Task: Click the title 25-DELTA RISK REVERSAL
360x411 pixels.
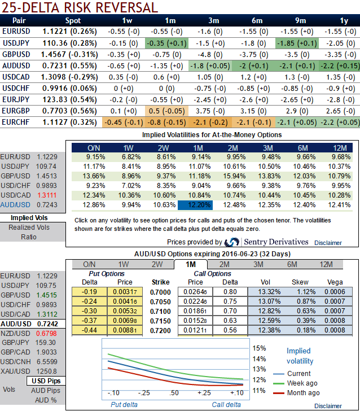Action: point(80,7)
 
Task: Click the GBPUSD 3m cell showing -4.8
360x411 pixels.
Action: point(205,54)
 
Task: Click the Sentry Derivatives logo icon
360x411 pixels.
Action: point(231,242)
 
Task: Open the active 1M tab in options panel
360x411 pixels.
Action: point(190,264)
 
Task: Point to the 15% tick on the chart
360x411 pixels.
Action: point(259,348)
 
